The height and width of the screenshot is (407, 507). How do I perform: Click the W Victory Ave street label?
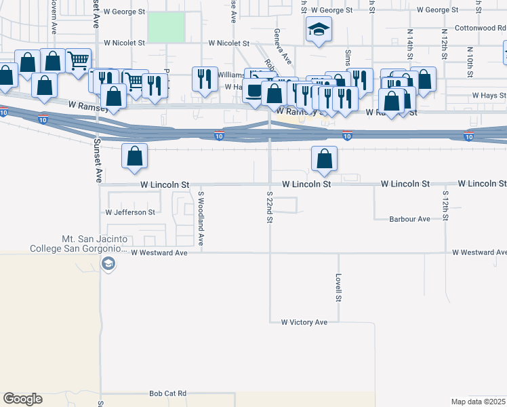coord(304,322)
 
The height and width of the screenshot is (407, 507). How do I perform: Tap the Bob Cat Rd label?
coord(167,393)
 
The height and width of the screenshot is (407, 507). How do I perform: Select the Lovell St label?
coord(338,288)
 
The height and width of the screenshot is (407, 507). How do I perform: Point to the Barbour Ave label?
coord(409,219)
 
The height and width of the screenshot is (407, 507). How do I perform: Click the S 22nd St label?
coord(269,208)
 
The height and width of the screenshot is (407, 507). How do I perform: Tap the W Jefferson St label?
coord(130,212)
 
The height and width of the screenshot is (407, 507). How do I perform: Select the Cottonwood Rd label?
coord(480,28)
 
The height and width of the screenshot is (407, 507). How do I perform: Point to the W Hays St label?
coord(489,96)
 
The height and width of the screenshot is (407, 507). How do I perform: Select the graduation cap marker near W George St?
coord(318,30)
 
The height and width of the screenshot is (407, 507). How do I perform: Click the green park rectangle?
coord(166,26)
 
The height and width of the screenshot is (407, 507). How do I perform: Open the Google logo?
coord(22,399)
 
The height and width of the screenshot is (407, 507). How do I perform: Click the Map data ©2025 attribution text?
coord(478,402)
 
